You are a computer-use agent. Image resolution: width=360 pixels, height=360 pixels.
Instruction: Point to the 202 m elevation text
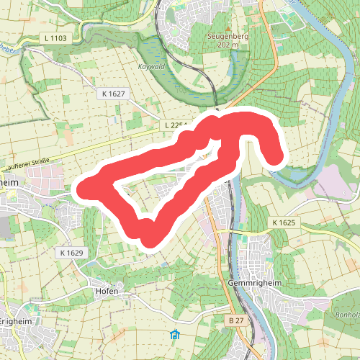[228, 44]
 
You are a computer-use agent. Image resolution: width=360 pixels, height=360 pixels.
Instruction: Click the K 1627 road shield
[113, 94]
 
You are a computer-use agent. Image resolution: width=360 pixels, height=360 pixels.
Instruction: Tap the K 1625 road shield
[284, 223]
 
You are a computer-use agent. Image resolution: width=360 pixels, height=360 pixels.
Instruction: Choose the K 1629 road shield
[73, 253]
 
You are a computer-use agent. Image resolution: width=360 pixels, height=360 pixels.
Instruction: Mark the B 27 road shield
[234, 319]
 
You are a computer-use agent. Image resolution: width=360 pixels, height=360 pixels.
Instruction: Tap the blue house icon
[174, 335]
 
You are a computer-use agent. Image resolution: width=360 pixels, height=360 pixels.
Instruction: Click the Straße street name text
[35, 164]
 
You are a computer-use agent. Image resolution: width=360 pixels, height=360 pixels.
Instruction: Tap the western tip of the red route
[85, 189]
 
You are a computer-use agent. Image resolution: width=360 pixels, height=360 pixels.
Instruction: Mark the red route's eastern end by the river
[273, 155]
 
